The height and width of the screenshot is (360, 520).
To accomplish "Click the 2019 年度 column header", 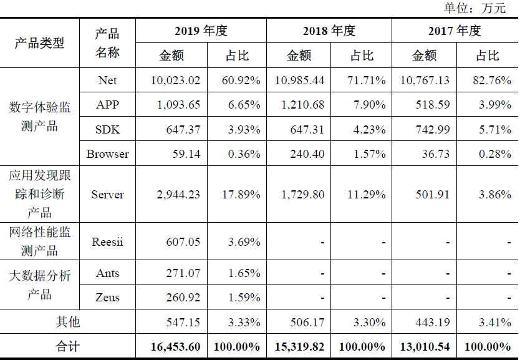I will click(x=201, y=31).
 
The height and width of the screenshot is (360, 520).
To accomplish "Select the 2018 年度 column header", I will click(x=329, y=31).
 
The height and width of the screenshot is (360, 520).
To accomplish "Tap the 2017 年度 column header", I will click(x=455, y=31).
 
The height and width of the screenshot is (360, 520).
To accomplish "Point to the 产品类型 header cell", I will click(x=39, y=43).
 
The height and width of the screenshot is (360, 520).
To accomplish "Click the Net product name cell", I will click(x=107, y=80).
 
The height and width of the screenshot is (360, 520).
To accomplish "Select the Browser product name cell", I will click(x=107, y=153).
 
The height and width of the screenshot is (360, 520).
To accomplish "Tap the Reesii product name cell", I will click(x=107, y=241).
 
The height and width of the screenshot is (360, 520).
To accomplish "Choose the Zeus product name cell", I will click(x=107, y=297).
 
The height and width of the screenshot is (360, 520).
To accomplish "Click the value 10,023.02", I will click(x=175, y=80).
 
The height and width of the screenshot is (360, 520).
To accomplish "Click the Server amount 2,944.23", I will click(x=175, y=195).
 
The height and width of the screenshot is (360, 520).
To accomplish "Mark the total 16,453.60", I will click(x=175, y=347).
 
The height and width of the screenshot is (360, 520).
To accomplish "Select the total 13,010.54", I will click(x=425, y=347).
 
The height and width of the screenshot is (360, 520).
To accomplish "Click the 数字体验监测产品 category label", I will click(x=39, y=117).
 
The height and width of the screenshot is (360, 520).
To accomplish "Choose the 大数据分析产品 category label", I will click(x=39, y=285).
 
